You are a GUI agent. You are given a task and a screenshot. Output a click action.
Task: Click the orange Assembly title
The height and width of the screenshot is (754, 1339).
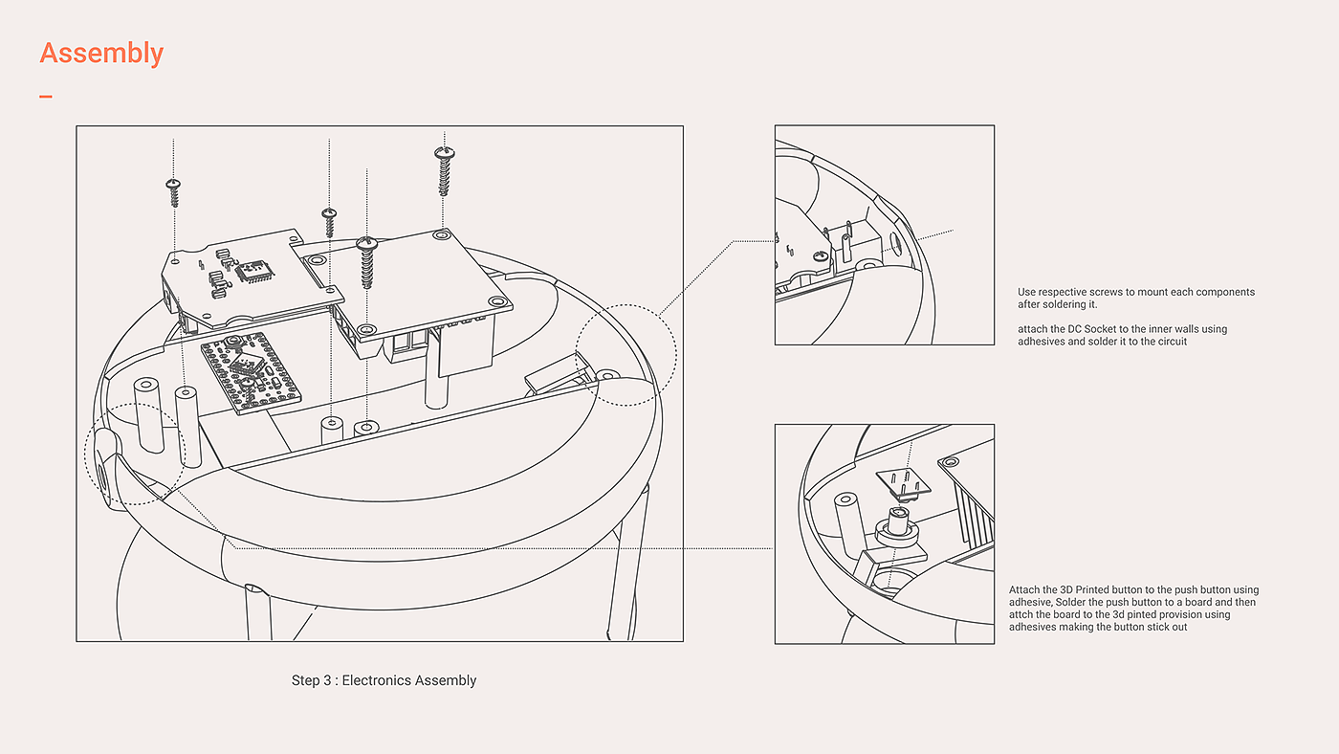(101, 54)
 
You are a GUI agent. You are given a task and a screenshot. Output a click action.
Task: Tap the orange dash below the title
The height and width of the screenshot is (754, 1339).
(46, 96)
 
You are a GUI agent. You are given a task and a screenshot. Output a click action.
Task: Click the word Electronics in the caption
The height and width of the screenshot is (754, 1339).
(376, 680)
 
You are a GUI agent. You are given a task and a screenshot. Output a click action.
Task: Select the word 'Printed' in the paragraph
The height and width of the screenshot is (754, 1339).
(1092, 589)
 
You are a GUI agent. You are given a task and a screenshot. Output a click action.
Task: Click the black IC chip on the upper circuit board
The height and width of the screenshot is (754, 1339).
(255, 272)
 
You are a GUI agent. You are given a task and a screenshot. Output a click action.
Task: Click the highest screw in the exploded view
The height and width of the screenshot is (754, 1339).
(444, 171)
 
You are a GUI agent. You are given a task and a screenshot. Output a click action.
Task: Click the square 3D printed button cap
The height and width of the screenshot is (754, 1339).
(903, 484)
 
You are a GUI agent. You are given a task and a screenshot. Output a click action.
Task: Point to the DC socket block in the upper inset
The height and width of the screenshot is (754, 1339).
(853, 246)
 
